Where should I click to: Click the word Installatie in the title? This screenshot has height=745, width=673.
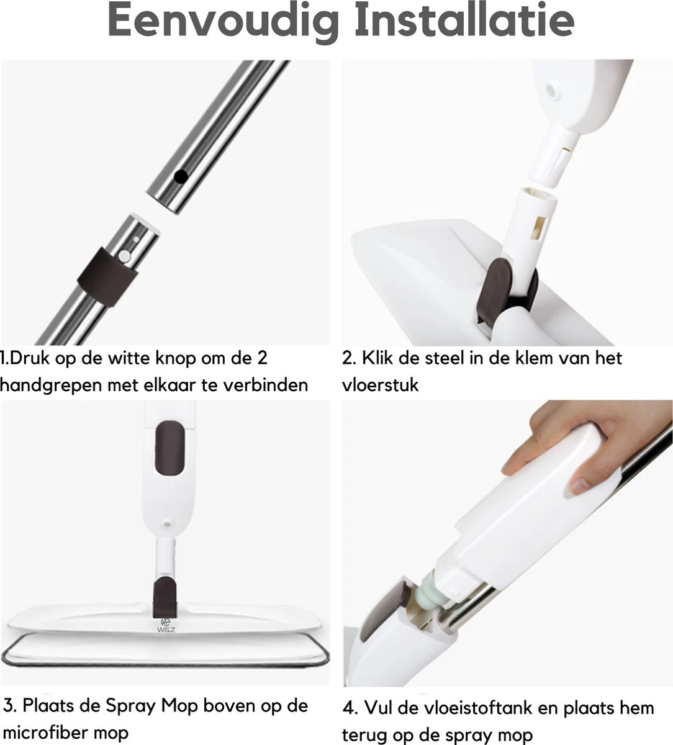click(x=465, y=20)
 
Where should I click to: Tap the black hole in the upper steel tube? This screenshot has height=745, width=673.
click(x=181, y=176)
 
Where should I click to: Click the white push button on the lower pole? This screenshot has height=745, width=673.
click(x=124, y=256)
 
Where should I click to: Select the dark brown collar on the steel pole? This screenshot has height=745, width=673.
click(x=107, y=276)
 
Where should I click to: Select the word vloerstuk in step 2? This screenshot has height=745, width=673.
click(x=381, y=385)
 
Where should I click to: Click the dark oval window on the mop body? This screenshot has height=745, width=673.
click(x=169, y=448)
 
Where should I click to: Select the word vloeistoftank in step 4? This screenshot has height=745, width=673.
click(x=461, y=708)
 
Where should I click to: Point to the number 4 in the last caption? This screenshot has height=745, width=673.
click(x=348, y=708)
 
